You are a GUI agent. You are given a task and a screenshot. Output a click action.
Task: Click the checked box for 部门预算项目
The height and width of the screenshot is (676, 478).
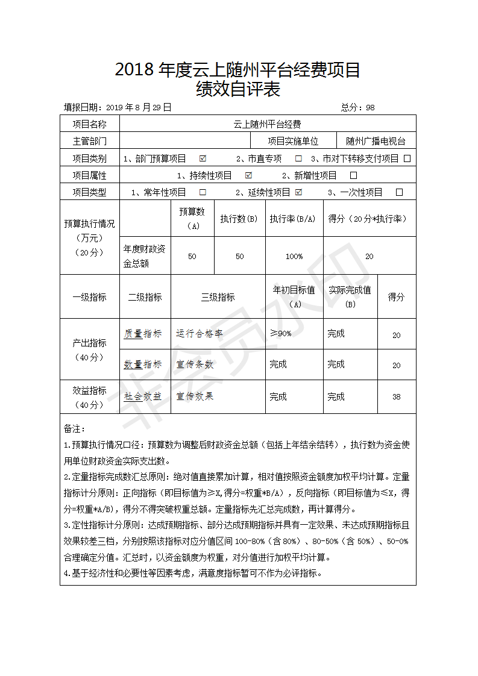click(x=203, y=158)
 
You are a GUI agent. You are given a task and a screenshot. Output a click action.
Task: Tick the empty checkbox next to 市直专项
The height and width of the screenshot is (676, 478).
click(x=298, y=158)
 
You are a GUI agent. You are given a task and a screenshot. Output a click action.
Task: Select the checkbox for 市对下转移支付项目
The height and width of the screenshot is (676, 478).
click(x=407, y=158)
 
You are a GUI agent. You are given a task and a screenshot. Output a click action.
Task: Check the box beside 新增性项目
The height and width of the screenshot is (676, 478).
click(x=354, y=175)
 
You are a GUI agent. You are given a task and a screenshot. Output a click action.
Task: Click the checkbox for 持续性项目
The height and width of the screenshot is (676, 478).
click(x=248, y=175)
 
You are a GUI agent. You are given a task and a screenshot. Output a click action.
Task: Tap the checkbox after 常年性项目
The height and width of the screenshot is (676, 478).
click(x=203, y=192)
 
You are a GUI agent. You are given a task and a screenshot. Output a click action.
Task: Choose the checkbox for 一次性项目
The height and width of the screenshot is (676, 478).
click(x=399, y=192)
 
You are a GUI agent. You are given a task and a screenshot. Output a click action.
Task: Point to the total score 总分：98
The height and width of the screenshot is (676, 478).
click(x=357, y=107)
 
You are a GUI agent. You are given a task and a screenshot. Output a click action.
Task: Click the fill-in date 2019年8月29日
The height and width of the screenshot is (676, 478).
click(x=138, y=107)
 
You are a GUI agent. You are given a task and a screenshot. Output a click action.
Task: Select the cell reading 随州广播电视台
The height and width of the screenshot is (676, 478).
click(x=376, y=142)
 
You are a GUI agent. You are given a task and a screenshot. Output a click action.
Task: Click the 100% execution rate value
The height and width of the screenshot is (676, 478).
click(x=294, y=256)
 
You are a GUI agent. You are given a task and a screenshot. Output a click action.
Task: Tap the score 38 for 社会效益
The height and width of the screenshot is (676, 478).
click(x=396, y=397)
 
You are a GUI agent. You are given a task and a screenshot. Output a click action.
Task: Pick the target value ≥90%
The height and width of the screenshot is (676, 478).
click(x=280, y=333)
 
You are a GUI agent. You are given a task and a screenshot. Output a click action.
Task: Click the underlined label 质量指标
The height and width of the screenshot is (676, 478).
click(x=143, y=333)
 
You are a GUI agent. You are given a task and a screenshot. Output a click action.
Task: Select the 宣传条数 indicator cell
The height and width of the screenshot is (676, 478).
click(x=195, y=365)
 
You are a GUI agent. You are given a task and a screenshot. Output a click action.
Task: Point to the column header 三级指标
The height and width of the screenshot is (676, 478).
click(x=218, y=297)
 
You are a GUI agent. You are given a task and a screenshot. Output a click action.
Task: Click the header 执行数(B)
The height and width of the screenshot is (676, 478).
click(x=239, y=219)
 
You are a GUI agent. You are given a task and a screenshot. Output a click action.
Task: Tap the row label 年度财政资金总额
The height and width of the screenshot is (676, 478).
click(x=145, y=256)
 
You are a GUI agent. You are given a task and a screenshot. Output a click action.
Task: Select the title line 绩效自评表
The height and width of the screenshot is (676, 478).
click(x=239, y=90)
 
